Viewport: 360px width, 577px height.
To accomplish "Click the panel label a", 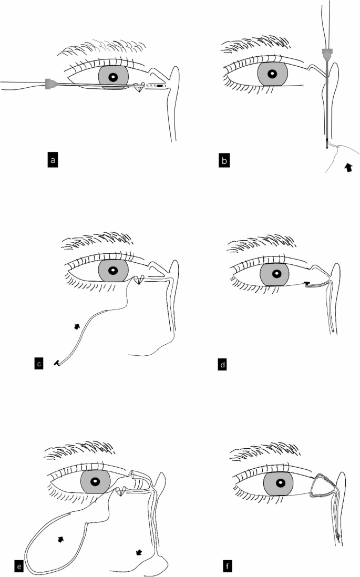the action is tap(53, 160).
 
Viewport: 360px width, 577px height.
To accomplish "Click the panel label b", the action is tap(224, 161).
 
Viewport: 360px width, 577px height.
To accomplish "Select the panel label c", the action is tap(39, 364).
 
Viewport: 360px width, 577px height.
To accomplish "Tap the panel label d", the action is tap(222, 365).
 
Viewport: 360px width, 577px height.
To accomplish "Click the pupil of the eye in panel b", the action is tap(272, 74).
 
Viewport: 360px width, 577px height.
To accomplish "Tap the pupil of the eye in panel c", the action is tap(113, 271).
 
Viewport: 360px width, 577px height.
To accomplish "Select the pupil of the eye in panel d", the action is tap(276, 274).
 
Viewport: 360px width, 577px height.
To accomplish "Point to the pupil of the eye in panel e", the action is tap(95, 481).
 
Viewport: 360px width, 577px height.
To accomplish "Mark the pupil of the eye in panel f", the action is tap(281, 482).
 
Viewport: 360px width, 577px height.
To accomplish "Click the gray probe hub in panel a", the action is tap(49, 84).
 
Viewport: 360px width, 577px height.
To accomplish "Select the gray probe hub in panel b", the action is tap(327, 54).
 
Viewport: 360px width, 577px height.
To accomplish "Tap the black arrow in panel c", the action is tap(77, 326).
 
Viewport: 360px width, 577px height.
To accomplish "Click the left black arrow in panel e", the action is tap(61, 539).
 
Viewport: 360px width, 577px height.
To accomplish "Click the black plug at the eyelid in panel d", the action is tap(307, 283).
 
